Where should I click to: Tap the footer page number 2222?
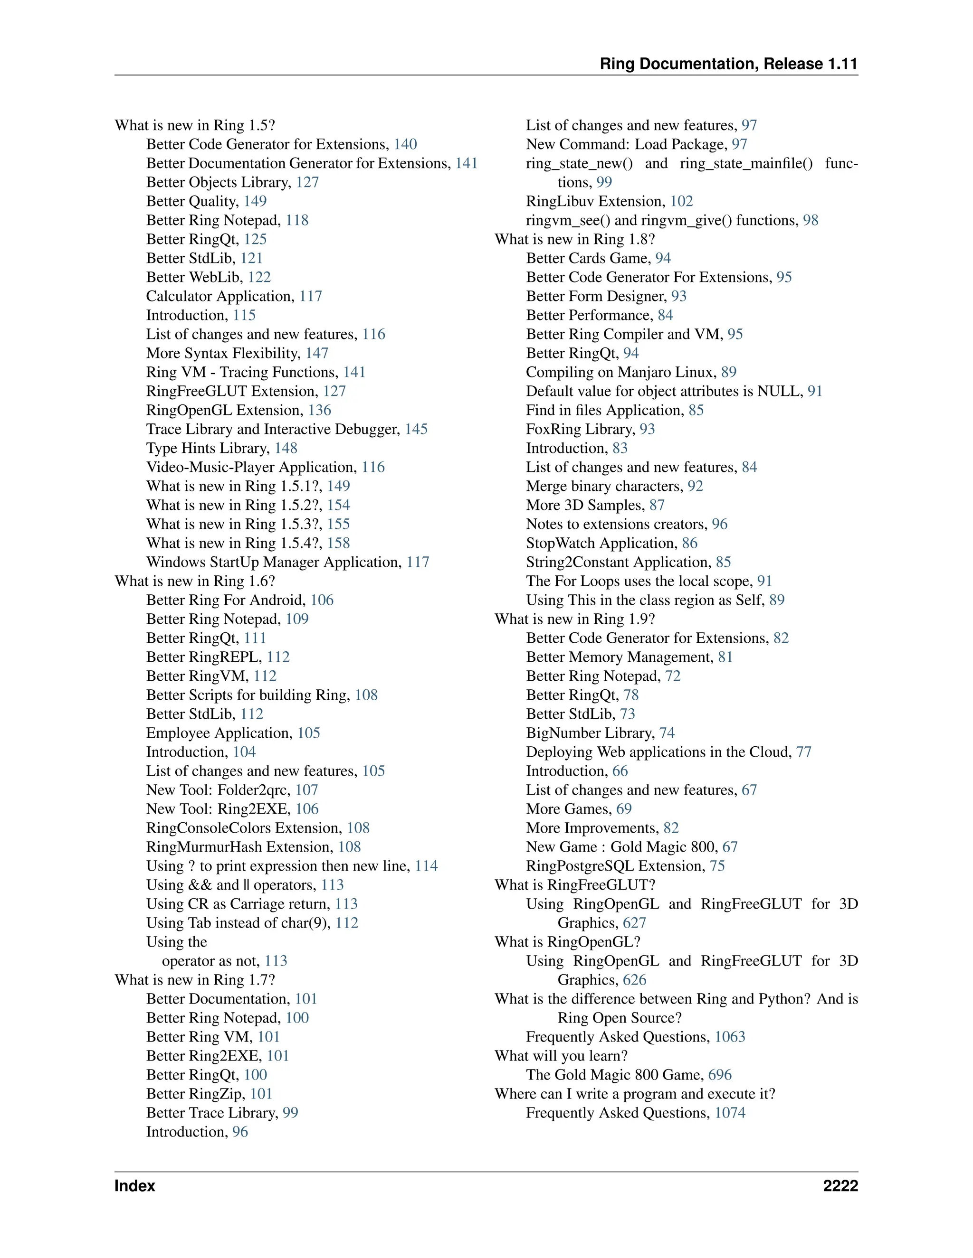(x=840, y=1185)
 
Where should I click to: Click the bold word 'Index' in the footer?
(x=134, y=1185)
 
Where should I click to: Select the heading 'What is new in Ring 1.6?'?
(x=195, y=581)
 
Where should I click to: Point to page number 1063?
(x=730, y=1036)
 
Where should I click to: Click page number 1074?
(x=730, y=1112)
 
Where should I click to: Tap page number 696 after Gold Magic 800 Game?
(x=719, y=1074)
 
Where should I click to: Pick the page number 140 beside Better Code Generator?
(x=405, y=144)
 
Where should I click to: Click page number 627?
(x=634, y=923)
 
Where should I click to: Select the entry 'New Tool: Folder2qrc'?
(x=217, y=790)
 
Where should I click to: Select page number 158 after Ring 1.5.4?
(x=338, y=543)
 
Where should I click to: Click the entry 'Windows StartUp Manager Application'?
(x=273, y=562)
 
